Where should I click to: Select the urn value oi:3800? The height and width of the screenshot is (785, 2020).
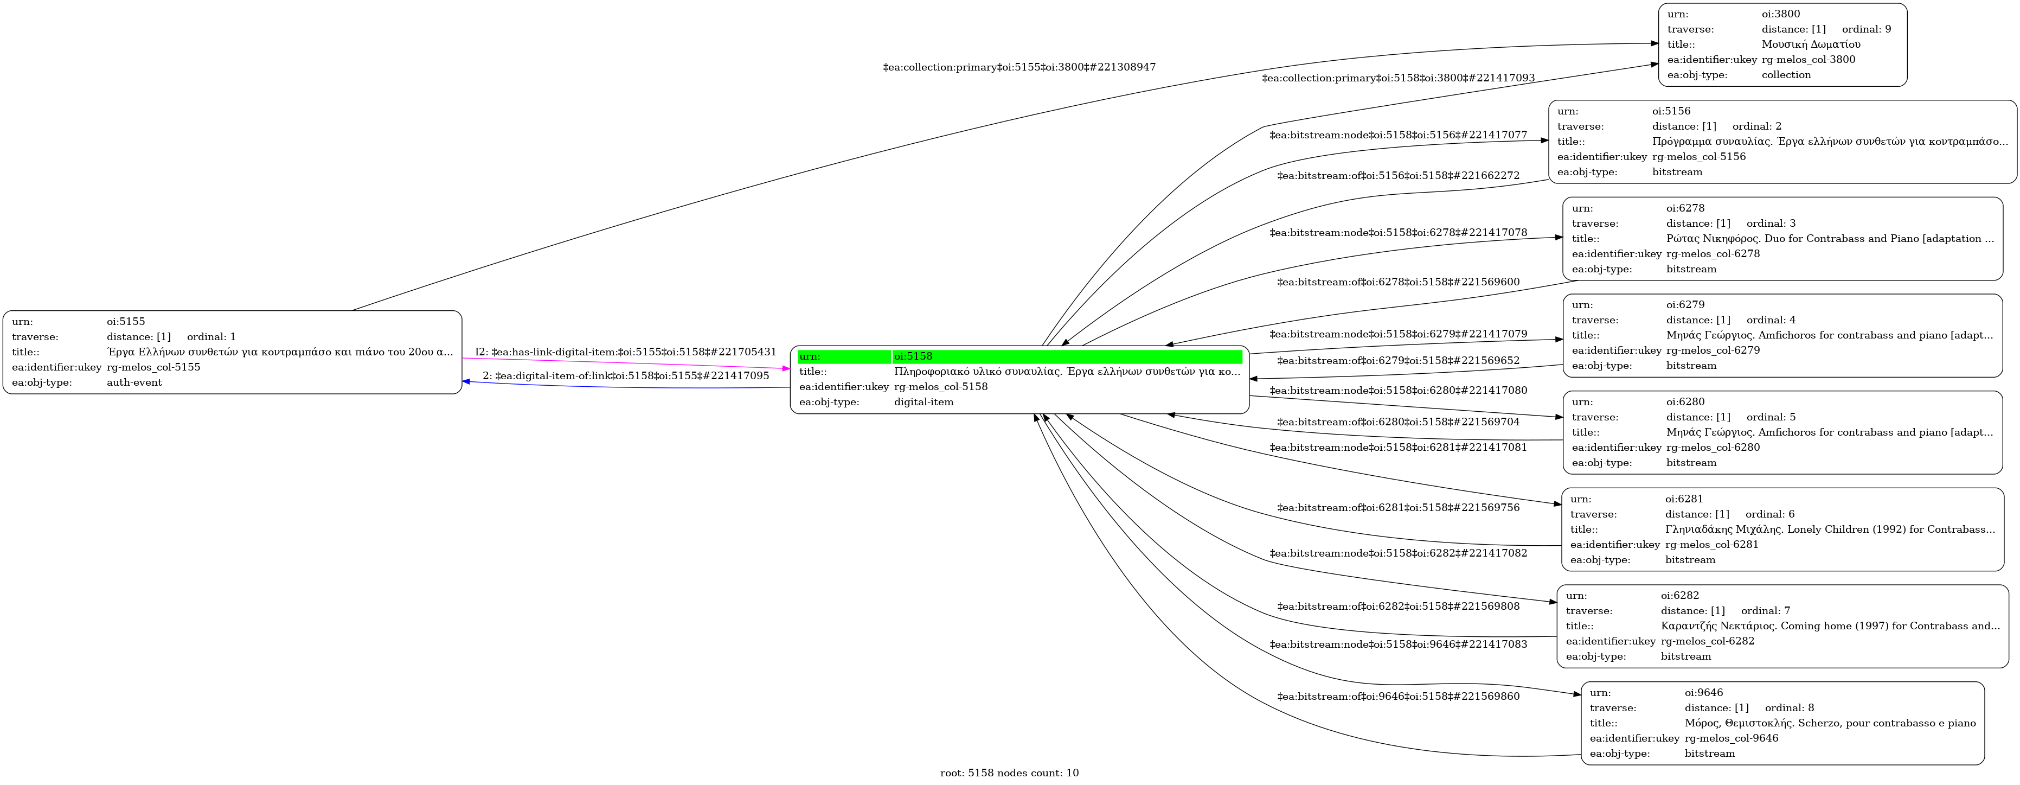1781,14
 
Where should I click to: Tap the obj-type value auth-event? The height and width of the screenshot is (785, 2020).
134,382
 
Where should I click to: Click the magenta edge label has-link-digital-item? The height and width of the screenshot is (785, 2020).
626,352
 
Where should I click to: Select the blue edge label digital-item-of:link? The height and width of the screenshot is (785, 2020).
626,375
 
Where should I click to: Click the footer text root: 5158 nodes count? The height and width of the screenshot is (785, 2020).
1009,773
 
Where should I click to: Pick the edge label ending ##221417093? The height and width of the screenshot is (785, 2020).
1398,79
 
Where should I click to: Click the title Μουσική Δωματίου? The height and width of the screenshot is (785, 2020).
1811,44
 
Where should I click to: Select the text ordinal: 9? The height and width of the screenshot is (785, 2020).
1867,29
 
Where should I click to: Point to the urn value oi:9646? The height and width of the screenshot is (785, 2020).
1704,692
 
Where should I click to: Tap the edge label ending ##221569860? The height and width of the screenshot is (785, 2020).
1398,697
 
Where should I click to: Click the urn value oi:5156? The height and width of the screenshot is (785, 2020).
1672,111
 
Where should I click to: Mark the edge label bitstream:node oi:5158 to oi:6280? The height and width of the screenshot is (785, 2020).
1398,391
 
